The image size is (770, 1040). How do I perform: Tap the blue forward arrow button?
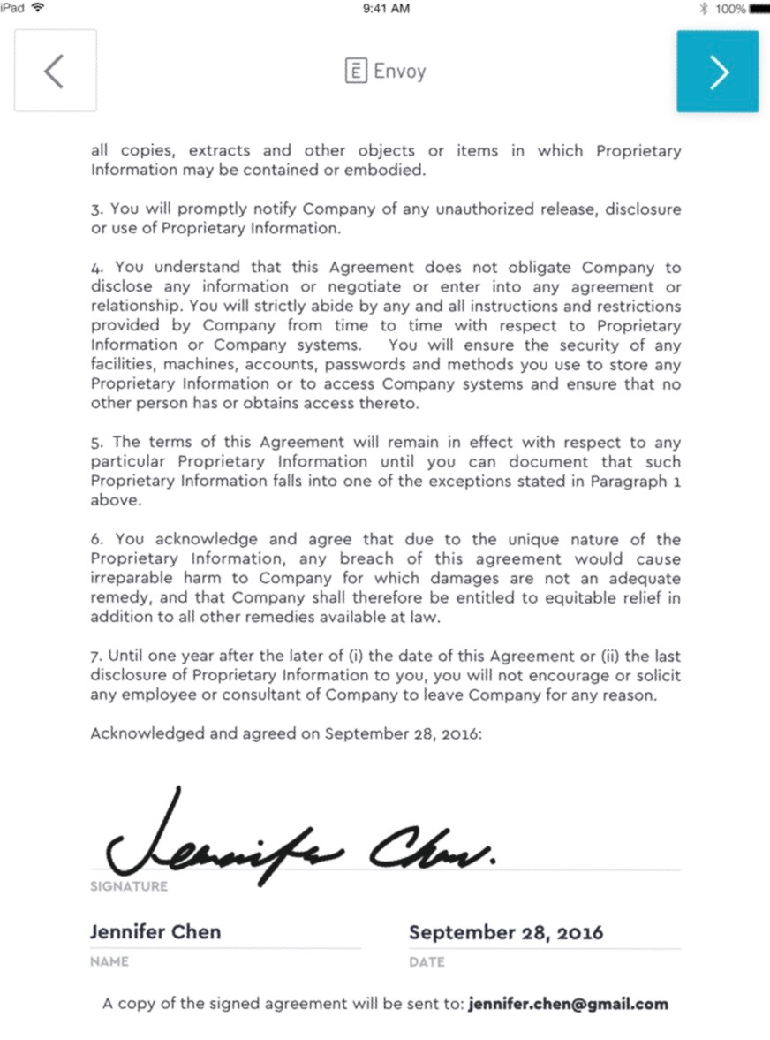tap(718, 72)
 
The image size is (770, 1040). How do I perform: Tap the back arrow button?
tap(55, 72)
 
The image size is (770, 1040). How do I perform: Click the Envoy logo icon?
tap(355, 72)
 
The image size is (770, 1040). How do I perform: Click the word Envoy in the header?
tap(400, 72)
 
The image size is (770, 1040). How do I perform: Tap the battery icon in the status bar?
tap(759, 9)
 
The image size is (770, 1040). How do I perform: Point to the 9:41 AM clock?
tap(386, 9)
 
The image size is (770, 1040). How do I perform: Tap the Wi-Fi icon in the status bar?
tap(37, 8)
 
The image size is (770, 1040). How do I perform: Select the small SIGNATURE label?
tap(129, 886)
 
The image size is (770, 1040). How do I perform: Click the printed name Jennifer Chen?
tap(155, 931)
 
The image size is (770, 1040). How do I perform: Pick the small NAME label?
tap(109, 961)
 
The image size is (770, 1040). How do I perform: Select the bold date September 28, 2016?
tap(506, 932)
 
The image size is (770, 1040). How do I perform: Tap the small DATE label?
tap(427, 962)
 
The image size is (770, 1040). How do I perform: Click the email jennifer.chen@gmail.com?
tap(569, 1004)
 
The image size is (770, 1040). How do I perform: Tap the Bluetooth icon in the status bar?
tap(704, 9)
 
